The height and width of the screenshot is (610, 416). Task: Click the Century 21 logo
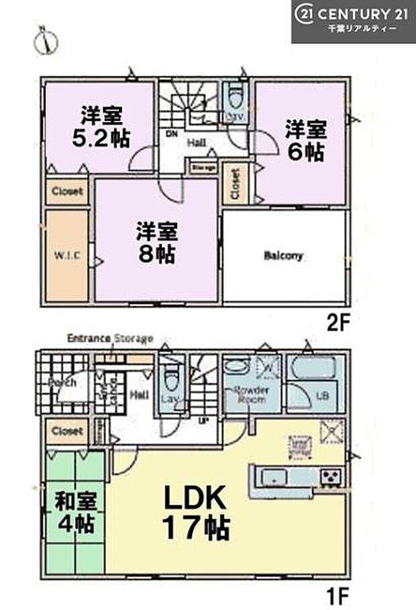tap(353, 21)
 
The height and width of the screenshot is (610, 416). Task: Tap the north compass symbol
tap(42, 41)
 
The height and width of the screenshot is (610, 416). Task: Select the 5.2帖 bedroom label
tap(102, 126)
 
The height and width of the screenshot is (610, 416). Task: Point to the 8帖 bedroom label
tap(156, 243)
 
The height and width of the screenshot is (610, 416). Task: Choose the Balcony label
tap(283, 256)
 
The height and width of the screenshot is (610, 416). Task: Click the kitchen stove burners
tap(331, 477)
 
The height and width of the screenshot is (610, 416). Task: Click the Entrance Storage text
tap(111, 338)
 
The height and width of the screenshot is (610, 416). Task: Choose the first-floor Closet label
tap(66, 431)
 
